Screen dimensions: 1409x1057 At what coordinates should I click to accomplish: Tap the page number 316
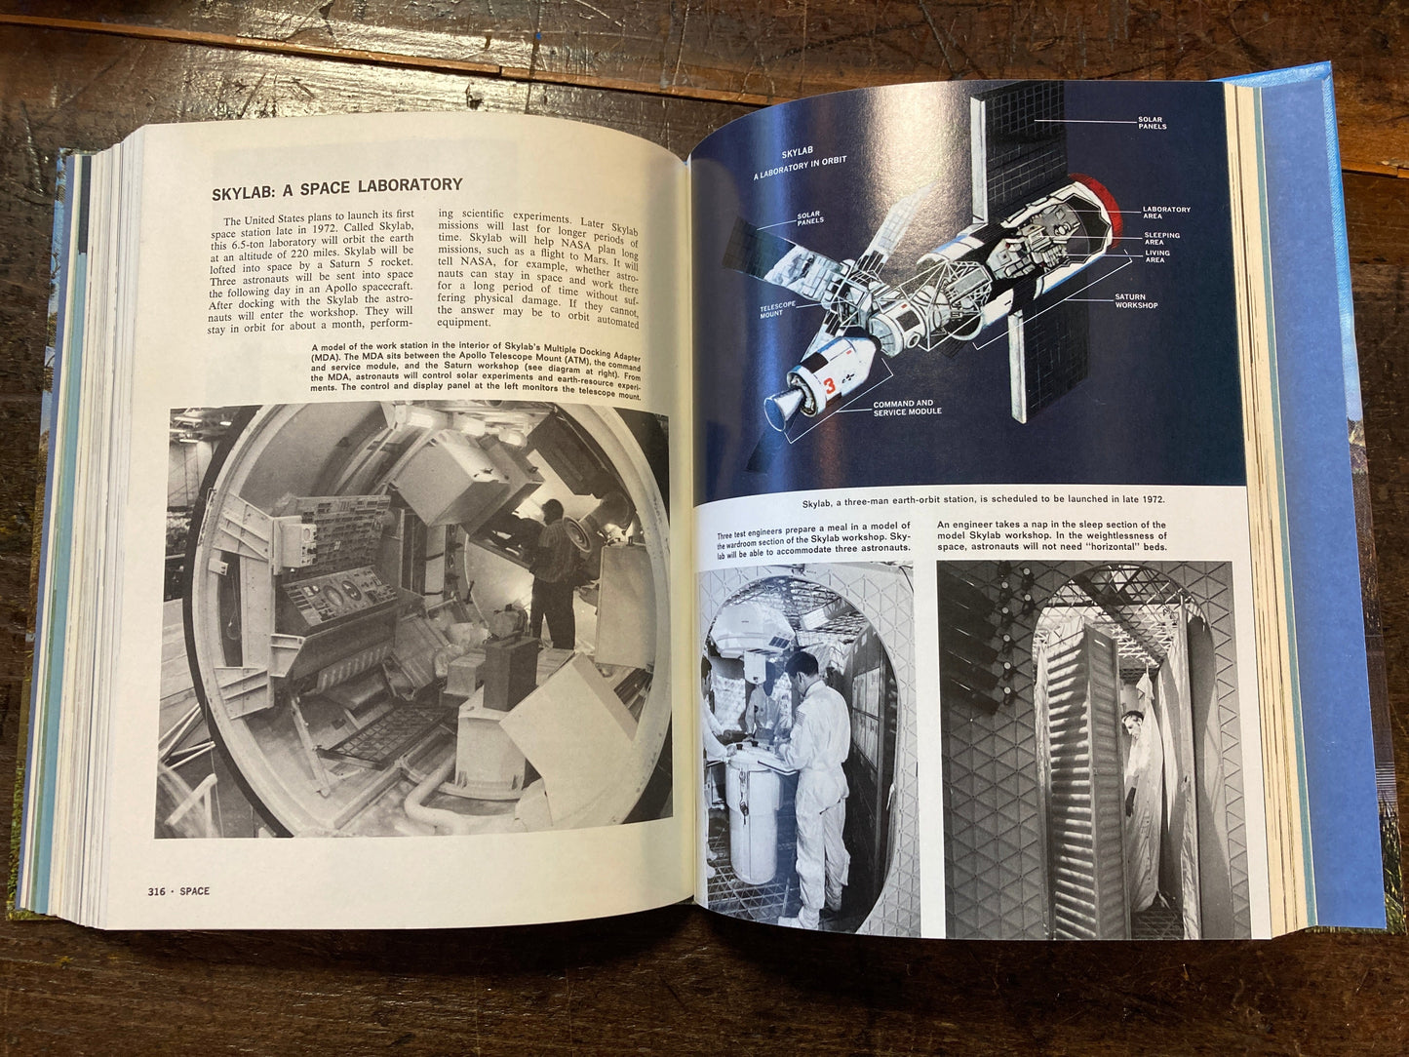pyautogui.click(x=157, y=891)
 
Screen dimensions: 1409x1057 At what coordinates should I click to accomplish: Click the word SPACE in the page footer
pyautogui.click(x=194, y=891)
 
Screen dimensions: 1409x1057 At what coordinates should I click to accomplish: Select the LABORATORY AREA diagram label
pyautogui.click(x=1166, y=213)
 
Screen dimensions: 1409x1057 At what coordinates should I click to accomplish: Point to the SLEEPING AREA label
pyautogui.click(x=1162, y=238)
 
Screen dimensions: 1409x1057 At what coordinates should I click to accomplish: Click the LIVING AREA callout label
pyautogui.click(x=1158, y=256)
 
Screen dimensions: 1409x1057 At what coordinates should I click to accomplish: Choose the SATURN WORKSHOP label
pyautogui.click(x=1136, y=301)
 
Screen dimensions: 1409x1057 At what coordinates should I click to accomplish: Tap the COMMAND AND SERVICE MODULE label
pyautogui.click(x=907, y=408)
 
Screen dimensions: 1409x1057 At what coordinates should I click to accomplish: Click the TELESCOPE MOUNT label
pyautogui.click(x=777, y=309)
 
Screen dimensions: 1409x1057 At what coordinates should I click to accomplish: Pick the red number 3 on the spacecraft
pyautogui.click(x=829, y=386)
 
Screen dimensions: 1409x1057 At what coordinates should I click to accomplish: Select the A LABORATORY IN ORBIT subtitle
pyautogui.click(x=800, y=168)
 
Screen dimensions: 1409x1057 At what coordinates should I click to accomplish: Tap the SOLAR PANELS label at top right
pyautogui.click(x=1153, y=123)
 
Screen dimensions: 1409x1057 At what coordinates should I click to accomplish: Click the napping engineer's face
pyautogui.click(x=1132, y=726)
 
